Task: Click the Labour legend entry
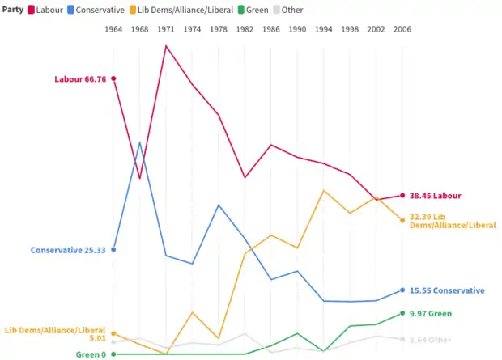pos(49,10)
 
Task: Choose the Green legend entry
pos(254,10)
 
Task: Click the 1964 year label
pos(113,29)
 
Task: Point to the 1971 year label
pos(166,29)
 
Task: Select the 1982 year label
pos(245,29)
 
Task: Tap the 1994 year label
pos(323,29)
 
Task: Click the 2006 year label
pos(402,29)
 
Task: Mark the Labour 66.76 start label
pos(80,79)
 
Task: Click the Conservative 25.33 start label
pos(68,250)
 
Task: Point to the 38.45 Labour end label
pos(435,196)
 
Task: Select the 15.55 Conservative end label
pos(447,290)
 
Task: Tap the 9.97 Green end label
pos(430,313)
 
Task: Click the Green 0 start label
pos(91,354)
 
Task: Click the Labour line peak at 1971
pos(166,45)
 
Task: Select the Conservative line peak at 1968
pos(140,143)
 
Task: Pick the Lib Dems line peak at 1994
pos(323,191)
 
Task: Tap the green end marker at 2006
pos(402,313)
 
